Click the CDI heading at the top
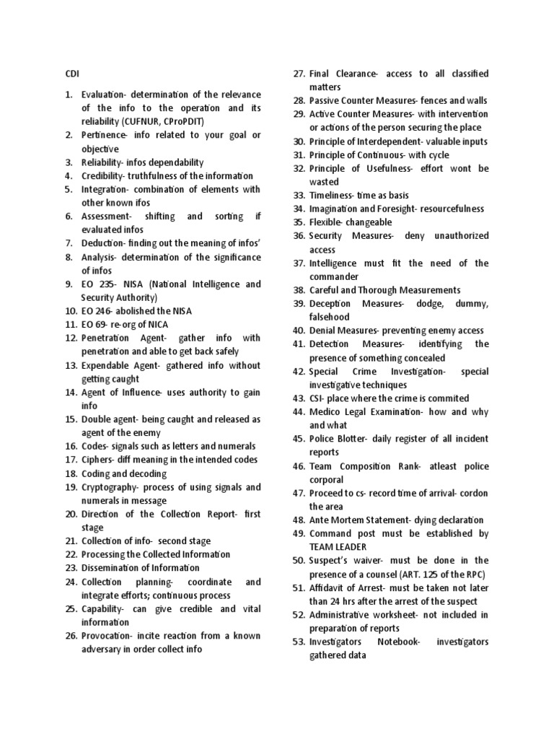(71, 74)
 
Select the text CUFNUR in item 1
(139, 121)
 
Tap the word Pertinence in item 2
(102, 135)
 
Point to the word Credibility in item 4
(102, 176)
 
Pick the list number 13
(70, 366)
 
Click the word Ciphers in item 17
(97, 460)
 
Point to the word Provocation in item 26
(106, 636)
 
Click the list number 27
(299, 74)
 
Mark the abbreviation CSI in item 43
(316, 398)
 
